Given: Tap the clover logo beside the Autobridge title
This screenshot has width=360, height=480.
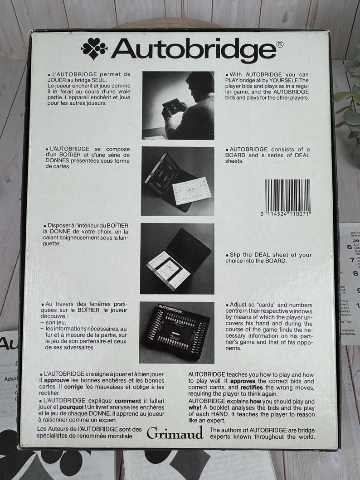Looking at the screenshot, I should pos(94,48).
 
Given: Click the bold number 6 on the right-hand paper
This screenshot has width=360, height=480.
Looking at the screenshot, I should pos(349,247).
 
